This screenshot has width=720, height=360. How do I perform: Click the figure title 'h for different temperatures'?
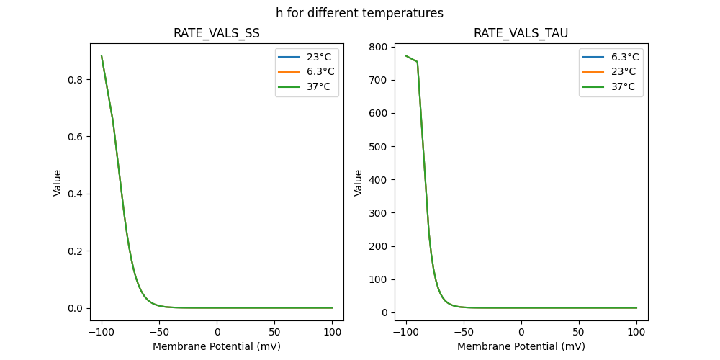coord(359,13)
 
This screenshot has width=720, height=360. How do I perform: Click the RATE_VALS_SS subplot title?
coord(217,34)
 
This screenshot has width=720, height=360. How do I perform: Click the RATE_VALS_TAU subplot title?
coord(521,34)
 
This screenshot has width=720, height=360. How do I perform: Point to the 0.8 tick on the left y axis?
coord(75,79)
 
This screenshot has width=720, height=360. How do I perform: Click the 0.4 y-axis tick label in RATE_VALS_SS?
coord(75,194)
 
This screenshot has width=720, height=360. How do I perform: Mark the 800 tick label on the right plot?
coord(377,47)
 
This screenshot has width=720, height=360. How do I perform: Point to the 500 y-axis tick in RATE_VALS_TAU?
coord(377,146)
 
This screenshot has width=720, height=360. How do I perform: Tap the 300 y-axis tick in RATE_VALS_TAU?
coord(377,213)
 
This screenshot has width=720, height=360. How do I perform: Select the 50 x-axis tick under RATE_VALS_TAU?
coord(579,332)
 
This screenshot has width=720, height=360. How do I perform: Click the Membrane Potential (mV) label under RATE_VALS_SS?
coord(217,346)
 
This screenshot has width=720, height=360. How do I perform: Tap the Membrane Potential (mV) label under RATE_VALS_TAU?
coord(521,346)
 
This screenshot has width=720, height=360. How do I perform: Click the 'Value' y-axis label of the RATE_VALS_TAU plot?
coord(358,183)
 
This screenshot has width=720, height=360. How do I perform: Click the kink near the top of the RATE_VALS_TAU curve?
coord(418,62)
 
